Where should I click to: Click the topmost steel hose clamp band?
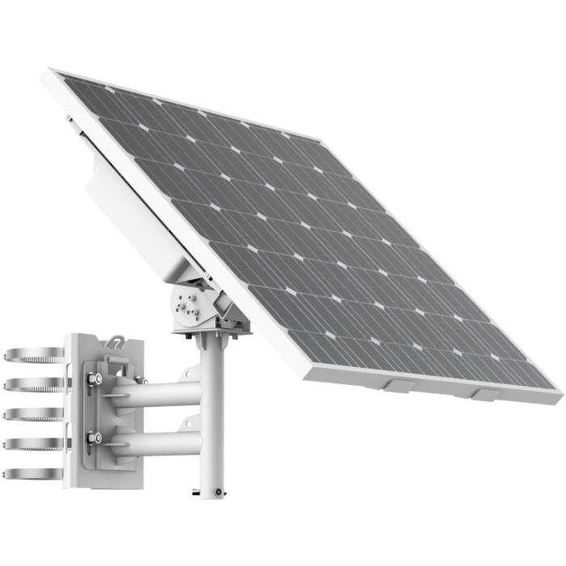32,354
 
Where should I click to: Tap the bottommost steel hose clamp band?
32,474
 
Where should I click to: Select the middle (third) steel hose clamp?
32,414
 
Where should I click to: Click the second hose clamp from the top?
32,384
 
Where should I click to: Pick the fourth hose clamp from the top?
32,444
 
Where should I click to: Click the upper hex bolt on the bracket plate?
95,378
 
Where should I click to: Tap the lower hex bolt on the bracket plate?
95,437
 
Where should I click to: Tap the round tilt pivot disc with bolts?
184,306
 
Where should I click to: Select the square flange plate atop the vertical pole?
212,328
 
